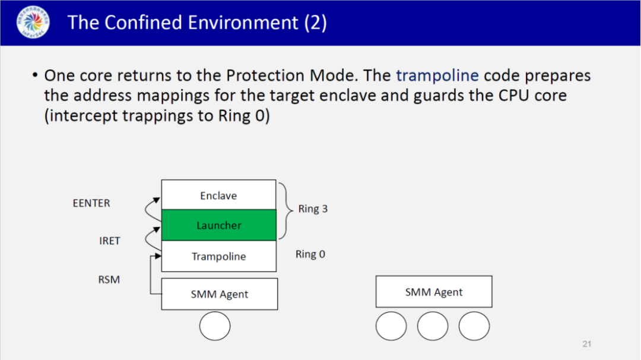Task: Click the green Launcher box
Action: click(x=218, y=225)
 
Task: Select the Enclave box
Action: click(x=218, y=195)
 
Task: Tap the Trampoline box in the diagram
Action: click(x=218, y=256)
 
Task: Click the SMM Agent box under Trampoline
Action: click(x=219, y=294)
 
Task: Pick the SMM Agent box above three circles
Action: click(x=433, y=292)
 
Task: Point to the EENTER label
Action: click(x=91, y=203)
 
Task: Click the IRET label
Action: click(x=110, y=241)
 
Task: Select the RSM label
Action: click(x=109, y=279)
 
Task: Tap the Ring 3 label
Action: click(x=313, y=209)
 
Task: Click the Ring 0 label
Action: click(x=310, y=254)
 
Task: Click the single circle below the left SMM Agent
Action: click(x=215, y=326)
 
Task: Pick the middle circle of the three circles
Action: click(x=433, y=326)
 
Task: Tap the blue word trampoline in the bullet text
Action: click(x=437, y=75)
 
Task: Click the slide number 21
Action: click(x=587, y=343)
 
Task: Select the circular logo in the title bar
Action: click(x=33, y=23)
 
